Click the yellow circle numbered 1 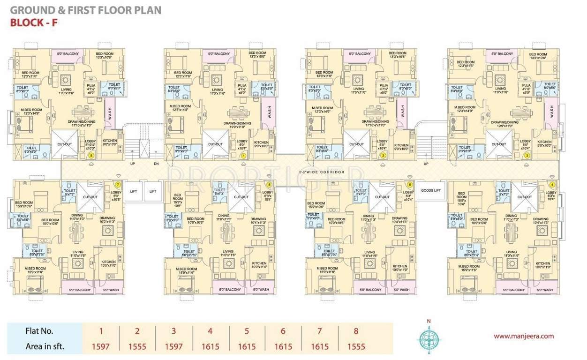[243, 155]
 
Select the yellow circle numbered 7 [118, 185]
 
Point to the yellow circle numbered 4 [551, 185]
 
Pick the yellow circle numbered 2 [383, 156]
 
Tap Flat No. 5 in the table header [247, 331]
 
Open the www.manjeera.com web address [524, 336]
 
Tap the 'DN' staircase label [156, 164]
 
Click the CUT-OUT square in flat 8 [64, 144]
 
